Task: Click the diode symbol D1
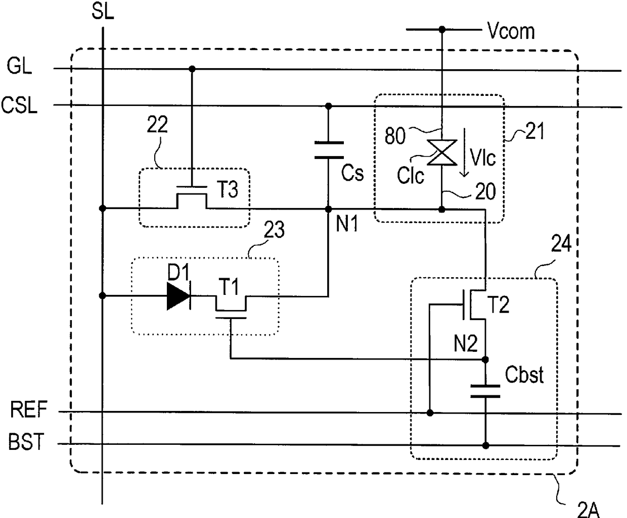[x=179, y=296]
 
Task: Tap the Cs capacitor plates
[x=329, y=150]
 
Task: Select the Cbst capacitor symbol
[x=485, y=391]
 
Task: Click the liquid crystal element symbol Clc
[x=442, y=152]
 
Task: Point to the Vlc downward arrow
[x=465, y=152]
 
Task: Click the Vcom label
[x=511, y=31]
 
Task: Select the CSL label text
[x=19, y=105]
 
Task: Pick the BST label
[x=26, y=441]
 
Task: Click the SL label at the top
[x=103, y=12]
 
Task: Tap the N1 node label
[x=347, y=224]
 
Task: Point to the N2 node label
[x=466, y=343]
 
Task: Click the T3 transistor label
[x=228, y=189]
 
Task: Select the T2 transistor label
[x=499, y=304]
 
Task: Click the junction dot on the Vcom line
[x=442, y=29]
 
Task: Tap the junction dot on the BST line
[x=485, y=445]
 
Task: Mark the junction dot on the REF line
[x=430, y=413]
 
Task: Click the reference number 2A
[x=589, y=509]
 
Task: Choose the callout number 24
[x=561, y=243]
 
